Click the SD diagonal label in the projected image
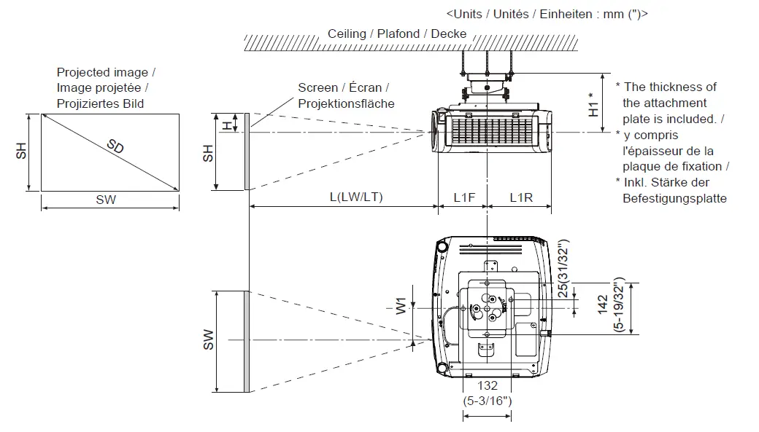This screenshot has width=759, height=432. pos(115,146)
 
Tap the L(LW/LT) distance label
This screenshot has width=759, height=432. pos(356,197)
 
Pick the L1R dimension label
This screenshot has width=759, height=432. pos(520,197)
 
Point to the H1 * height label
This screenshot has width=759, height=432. pos(596,103)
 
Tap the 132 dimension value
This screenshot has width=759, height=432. pos(488,386)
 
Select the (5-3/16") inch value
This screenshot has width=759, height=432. pos(488,400)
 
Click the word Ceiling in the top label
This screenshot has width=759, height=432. pos(347,34)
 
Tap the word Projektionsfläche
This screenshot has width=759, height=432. pos(346,103)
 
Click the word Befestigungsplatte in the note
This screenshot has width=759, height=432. pos(674,198)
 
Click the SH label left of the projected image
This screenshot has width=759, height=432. pos(23,151)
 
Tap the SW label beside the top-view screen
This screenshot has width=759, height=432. pos(208,339)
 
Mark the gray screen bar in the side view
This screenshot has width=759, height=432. pos(247,152)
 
